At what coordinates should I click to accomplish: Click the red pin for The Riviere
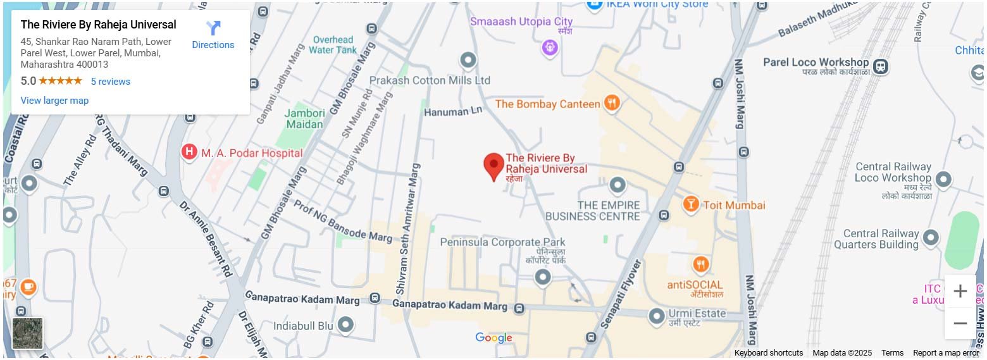(493, 166)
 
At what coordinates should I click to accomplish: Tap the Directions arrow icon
(213, 28)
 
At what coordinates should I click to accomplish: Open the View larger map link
(54, 101)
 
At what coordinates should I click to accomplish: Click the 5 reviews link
(110, 82)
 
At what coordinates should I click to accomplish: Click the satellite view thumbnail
(28, 333)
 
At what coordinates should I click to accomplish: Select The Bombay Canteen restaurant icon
(611, 103)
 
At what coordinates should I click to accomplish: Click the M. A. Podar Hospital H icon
(189, 152)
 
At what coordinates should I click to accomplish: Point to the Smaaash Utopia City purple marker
(550, 47)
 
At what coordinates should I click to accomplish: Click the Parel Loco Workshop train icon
(879, 66)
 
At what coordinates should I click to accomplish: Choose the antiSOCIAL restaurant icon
(700, 264)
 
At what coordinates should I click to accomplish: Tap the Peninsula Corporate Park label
(502, 242)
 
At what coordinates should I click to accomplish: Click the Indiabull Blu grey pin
(345, 325)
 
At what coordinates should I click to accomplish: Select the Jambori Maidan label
(305, 119)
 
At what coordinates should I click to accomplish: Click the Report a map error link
(945, 353)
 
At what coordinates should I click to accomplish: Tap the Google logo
(493, 338)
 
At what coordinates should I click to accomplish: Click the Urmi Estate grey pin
(657, 314)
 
